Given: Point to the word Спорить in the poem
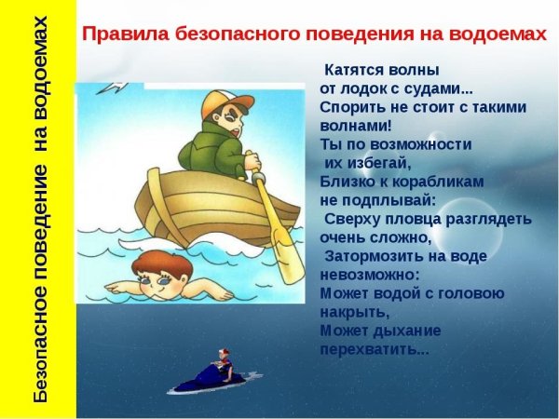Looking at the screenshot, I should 352,107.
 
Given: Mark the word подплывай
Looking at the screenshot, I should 388,200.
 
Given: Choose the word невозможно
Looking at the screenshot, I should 369,275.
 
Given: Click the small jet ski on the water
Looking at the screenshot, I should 209,378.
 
